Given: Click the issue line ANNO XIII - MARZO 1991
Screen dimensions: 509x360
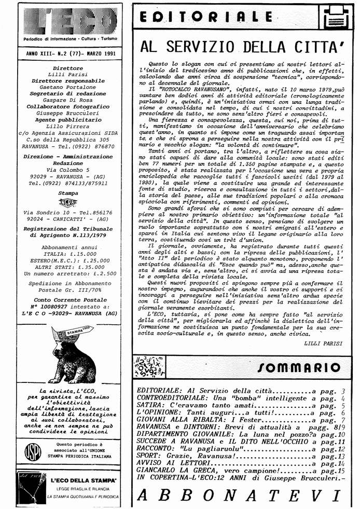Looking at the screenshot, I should [71, 53].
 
